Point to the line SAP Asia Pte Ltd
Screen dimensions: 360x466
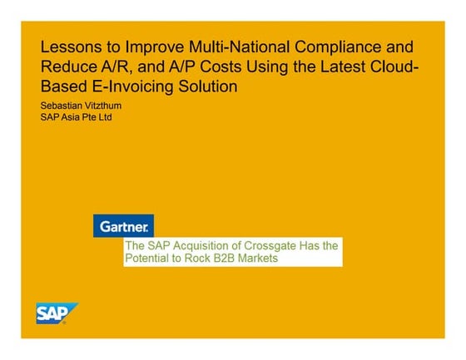(x=76, y=116)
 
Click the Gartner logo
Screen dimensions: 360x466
(x=123, y=225)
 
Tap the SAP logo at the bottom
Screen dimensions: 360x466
(x=57, y=313)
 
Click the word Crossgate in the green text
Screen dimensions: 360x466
(x=272, y=247)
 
